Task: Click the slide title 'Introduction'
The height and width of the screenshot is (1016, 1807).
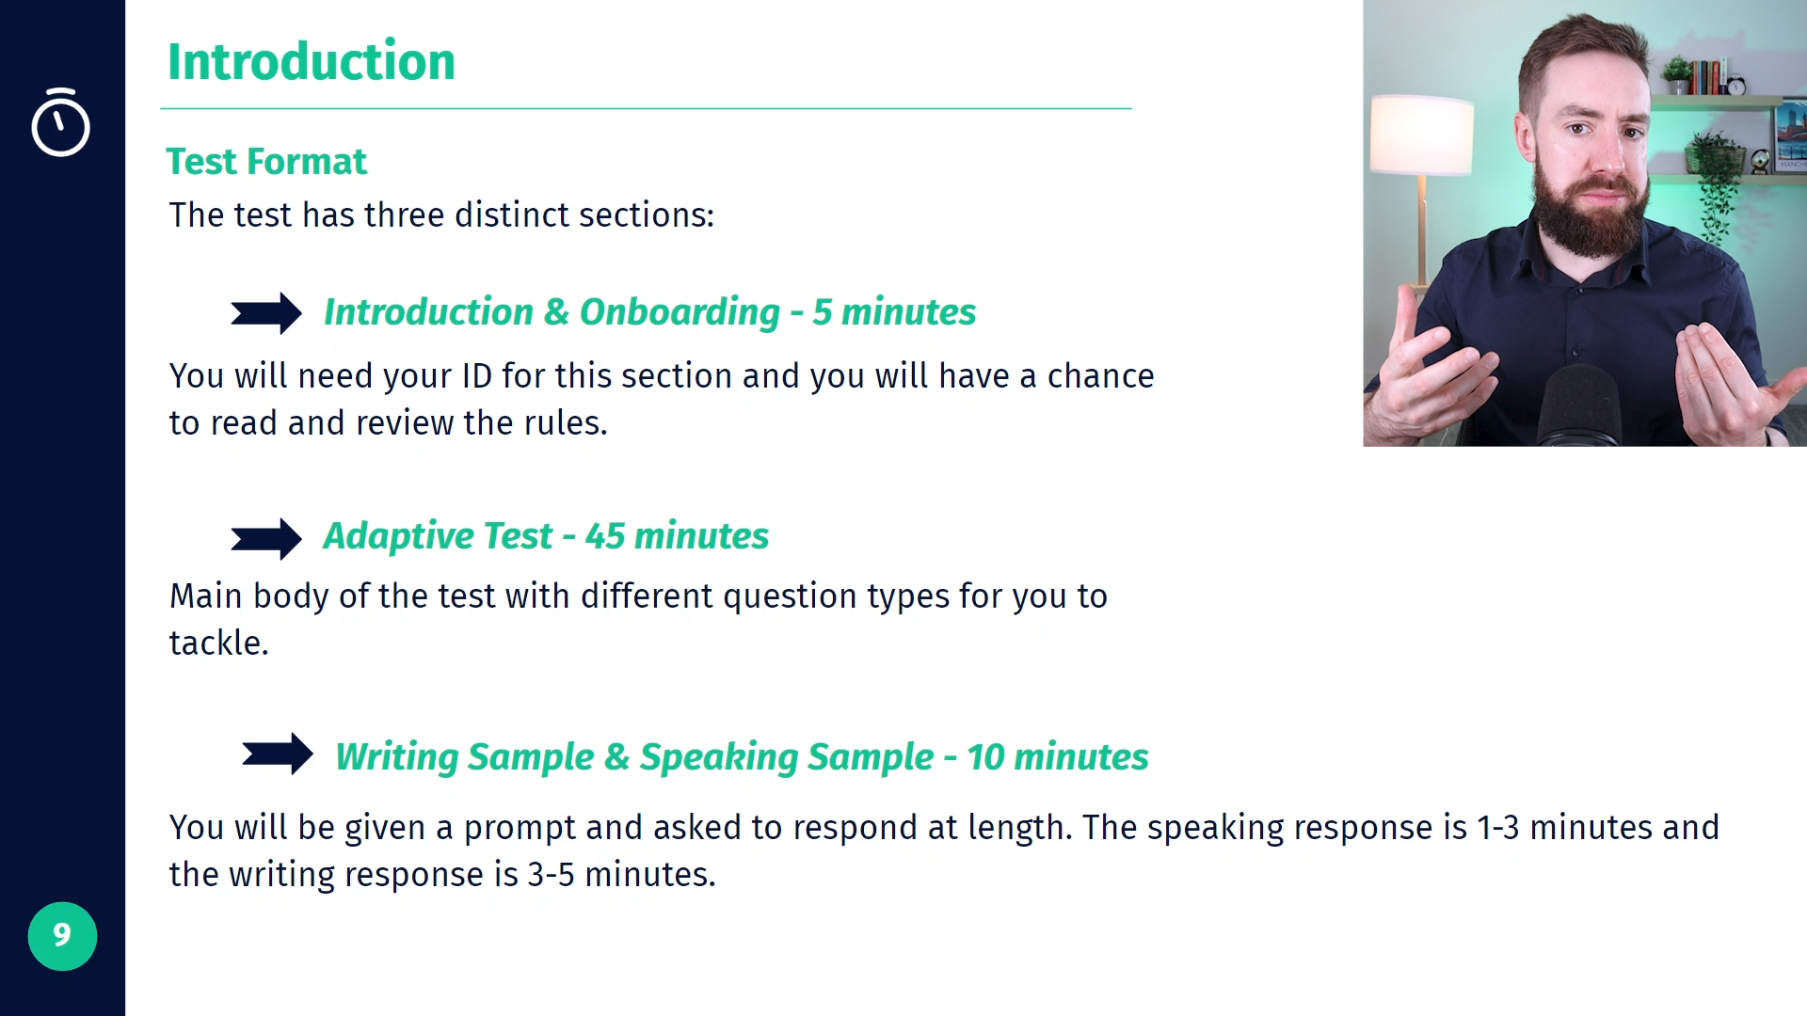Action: tap(312, 62)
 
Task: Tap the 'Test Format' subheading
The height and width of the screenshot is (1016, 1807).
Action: tap(266, 162)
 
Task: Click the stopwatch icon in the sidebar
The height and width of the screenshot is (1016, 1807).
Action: tap(60, 122)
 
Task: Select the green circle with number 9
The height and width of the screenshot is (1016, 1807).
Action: tap(62, 936)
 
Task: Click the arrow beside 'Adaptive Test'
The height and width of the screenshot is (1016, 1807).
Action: tap(266, 539)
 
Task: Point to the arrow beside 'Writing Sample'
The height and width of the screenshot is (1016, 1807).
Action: tap(278, 754)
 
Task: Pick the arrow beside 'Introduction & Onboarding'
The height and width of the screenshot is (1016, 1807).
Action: tap(266, 313)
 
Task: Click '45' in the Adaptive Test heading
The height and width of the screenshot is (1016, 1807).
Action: tap(604, 536)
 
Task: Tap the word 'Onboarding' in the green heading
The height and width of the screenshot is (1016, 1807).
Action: tap(680, 312)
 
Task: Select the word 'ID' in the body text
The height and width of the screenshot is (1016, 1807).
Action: tap(477, 376)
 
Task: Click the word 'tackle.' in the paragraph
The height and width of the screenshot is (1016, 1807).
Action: tap(219, 643)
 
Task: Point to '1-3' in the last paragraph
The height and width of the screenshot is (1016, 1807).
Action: tap(1497, 828)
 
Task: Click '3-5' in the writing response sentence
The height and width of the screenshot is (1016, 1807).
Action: tap(551, 875)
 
